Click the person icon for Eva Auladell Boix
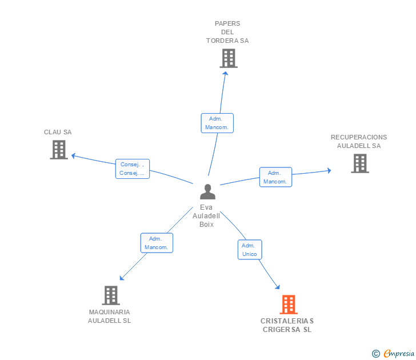coord(207,192)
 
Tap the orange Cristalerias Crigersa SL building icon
coord(289,305)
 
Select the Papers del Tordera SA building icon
coord(228,58)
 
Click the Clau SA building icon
coord(58,149)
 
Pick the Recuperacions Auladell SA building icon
coord(359,163)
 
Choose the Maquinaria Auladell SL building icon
coord(111,295)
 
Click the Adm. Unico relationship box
coord(249,250)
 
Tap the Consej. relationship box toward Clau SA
coord(132,169)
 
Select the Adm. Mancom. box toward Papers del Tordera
coord(217,123)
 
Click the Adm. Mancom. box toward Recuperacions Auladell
coord(275,177)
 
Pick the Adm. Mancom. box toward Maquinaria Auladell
coord(157,243)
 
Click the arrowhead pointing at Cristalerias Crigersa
coord(278,287)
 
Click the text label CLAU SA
coord(58,132)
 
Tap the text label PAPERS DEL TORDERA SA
coord(227,32)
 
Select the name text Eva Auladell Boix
coord(206,216)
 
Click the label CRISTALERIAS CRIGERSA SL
coord(287,325)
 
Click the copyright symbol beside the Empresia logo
coord(376,354)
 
